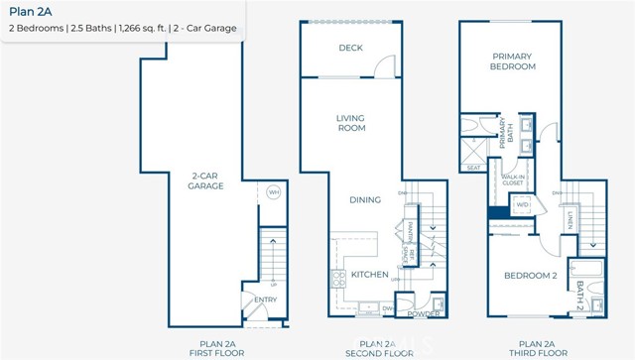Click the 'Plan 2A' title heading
[31, 11]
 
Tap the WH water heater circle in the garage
[274, 192]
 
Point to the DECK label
[349, 47]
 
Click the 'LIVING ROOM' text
[350, 122]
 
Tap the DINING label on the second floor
[364, 199]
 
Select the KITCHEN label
[368, 274]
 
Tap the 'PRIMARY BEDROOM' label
[512, 60]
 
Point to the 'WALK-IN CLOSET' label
[512, 180]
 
